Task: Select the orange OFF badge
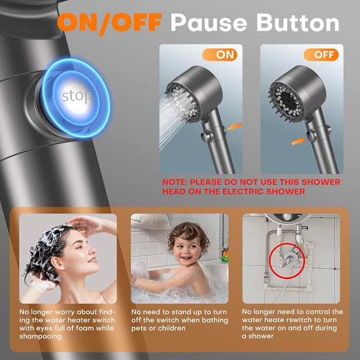321,55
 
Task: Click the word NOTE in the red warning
175,182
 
